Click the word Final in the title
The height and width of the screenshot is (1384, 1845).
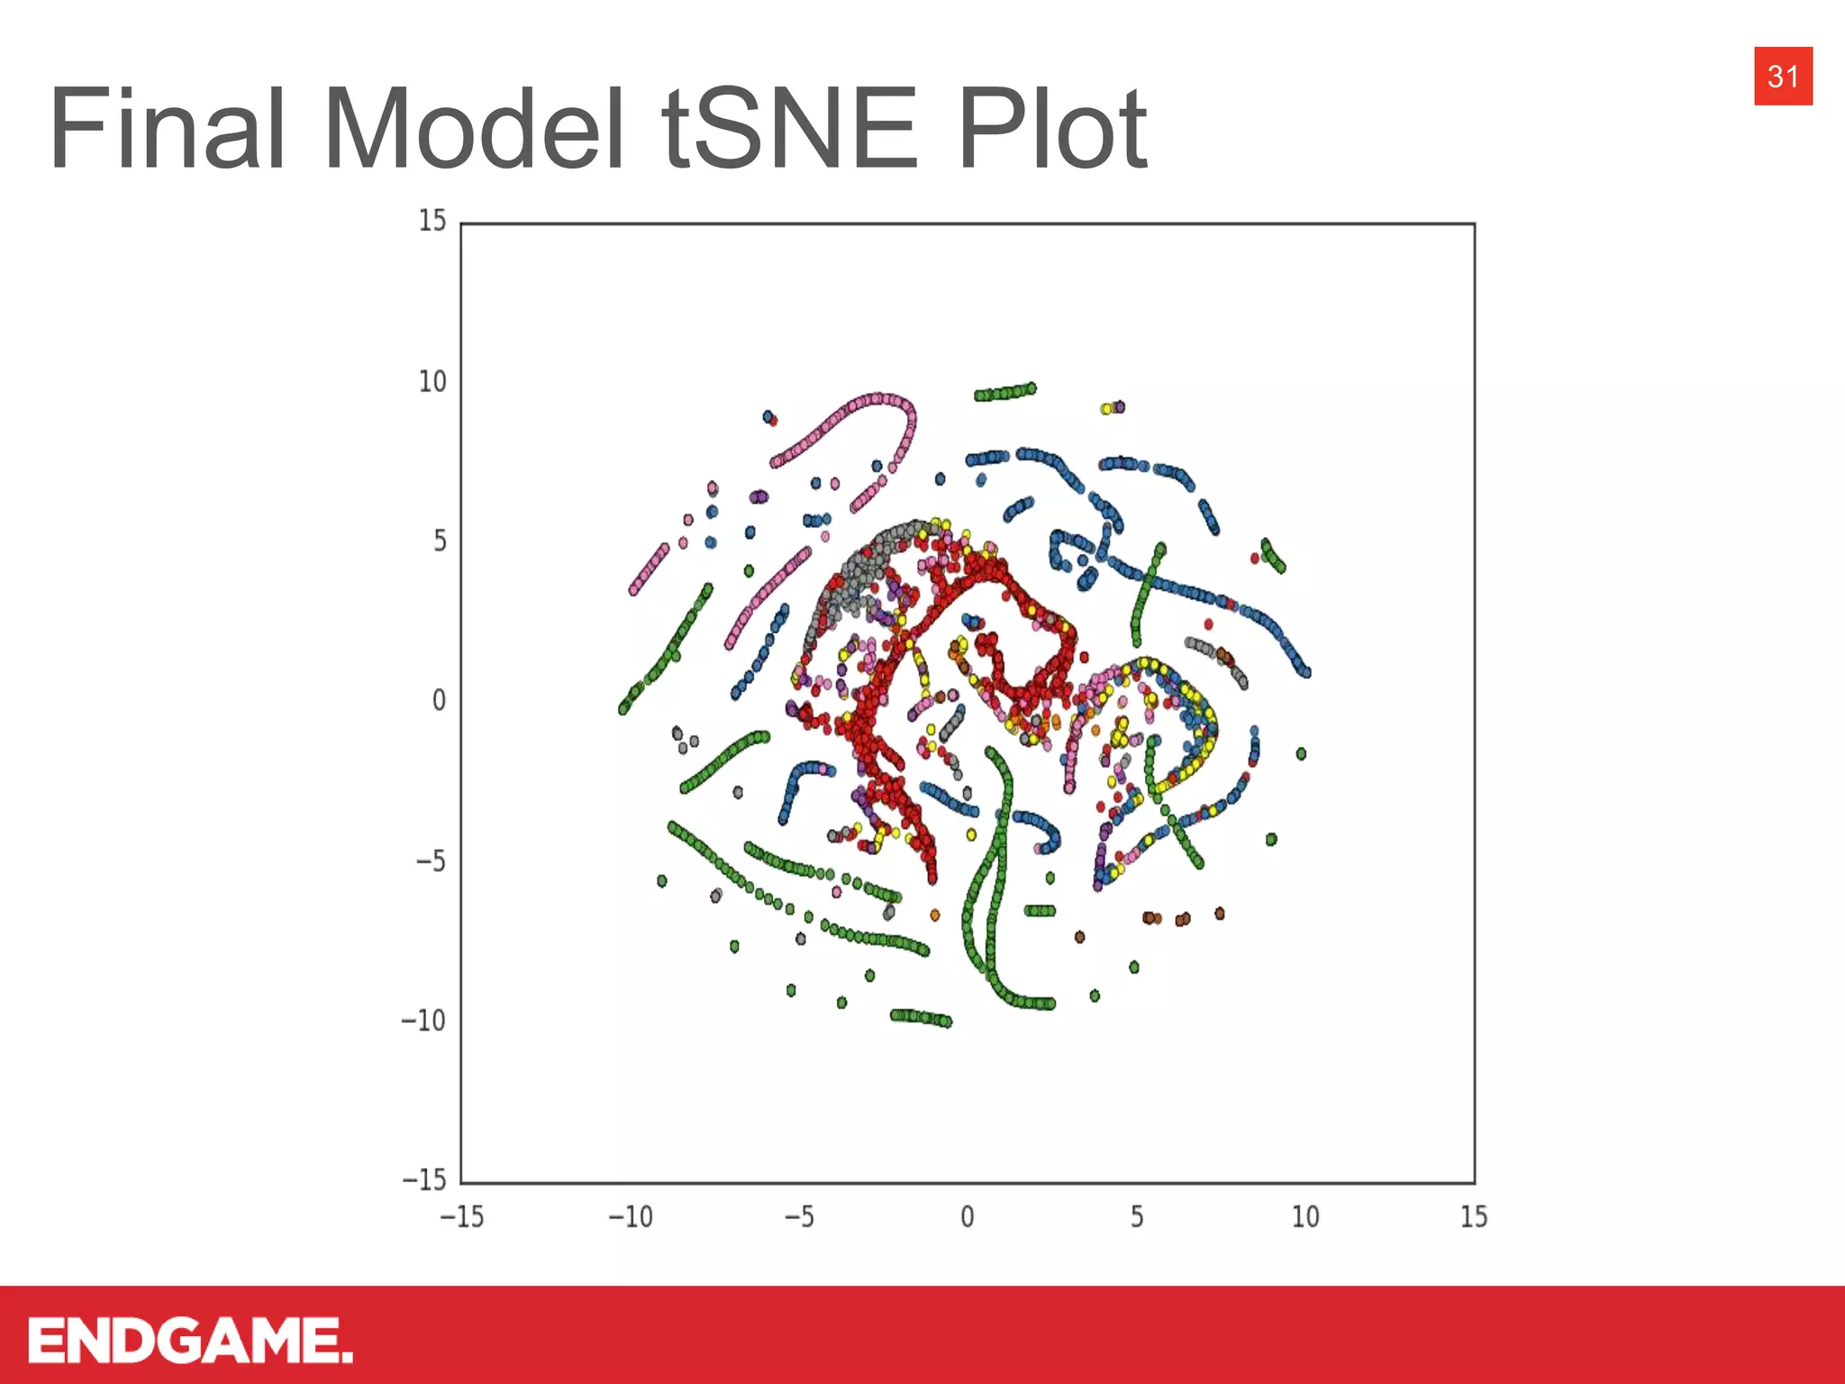point(168,128)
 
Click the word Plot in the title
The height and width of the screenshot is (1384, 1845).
point(1052,128)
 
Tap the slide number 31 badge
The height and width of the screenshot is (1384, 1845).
point(1783,77)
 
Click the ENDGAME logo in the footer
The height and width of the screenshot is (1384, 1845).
point(190,1340)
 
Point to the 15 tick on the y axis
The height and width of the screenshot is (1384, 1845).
point(432,221)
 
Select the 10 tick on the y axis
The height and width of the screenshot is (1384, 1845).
point(432,382)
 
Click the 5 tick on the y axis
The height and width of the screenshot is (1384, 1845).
point(440,542)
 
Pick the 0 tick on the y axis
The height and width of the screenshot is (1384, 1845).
point(439,701)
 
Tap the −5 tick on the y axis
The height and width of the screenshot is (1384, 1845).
point(431,861)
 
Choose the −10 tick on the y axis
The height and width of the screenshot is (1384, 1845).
point(423,1021)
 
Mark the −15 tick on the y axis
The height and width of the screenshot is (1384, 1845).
point(423,1180)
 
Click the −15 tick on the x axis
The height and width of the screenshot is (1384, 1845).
point(461,1217)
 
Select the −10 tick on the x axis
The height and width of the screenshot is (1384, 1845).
point(631,1217)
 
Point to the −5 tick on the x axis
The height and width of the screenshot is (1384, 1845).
point(799,1217)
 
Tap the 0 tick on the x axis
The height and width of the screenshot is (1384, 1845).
point(968,1217)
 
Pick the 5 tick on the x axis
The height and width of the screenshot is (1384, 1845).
point(1137,1217)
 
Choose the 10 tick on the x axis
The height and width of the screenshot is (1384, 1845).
point(1305,1217)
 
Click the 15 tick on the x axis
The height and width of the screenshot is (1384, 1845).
point(1474,1217)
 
